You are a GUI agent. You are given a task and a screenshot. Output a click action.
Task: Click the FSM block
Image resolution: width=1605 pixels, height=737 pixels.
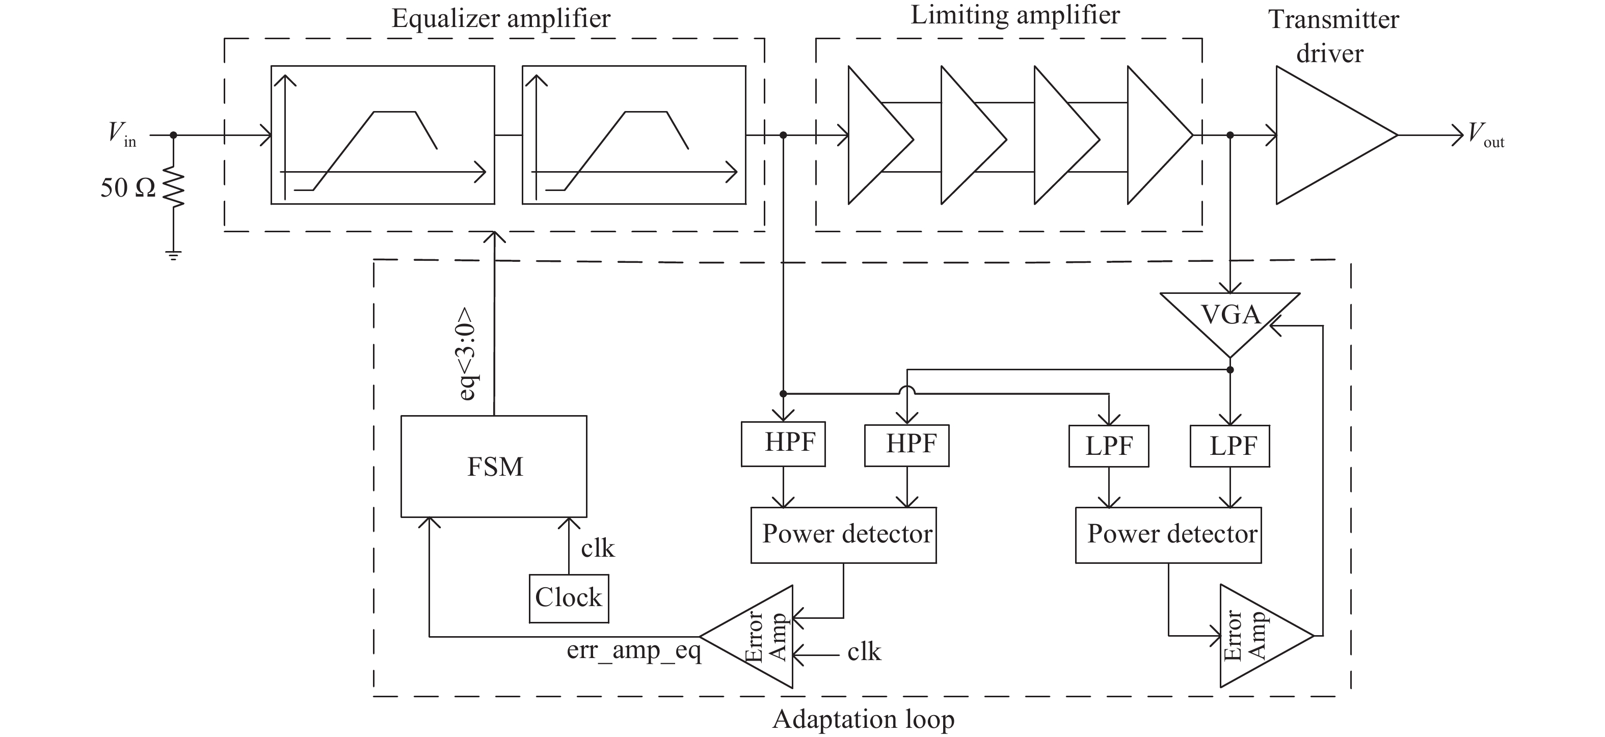(x=493, y=466)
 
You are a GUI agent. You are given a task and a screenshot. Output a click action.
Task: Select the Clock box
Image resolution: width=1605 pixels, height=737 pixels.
(x=568, y=598)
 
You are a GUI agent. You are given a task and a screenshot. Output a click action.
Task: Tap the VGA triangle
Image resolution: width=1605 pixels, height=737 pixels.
(x=1229, y=318)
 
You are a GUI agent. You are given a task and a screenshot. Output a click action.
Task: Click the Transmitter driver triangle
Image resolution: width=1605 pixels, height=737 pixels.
(x=1327, y=135)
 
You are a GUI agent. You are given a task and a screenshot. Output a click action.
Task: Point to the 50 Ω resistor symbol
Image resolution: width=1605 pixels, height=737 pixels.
(x=174, y=186)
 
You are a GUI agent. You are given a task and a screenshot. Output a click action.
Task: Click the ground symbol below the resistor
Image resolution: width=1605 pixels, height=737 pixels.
(x=174, y=255)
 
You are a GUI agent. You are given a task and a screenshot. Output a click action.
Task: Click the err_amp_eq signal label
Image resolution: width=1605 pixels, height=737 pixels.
(x=634, y=650)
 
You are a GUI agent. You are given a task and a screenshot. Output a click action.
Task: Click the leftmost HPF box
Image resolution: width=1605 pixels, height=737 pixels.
(x=783, y=444)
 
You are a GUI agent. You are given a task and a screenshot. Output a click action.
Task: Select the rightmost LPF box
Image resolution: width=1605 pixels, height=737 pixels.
(x=1229, y=446)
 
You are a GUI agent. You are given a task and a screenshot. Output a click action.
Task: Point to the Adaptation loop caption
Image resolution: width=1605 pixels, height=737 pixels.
(x=863, y=719)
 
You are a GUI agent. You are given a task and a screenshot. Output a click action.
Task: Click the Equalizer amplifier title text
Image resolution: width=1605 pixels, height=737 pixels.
(x=500, y=19)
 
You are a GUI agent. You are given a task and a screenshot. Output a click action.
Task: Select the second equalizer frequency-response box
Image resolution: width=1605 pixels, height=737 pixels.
(x=634, y=135)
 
